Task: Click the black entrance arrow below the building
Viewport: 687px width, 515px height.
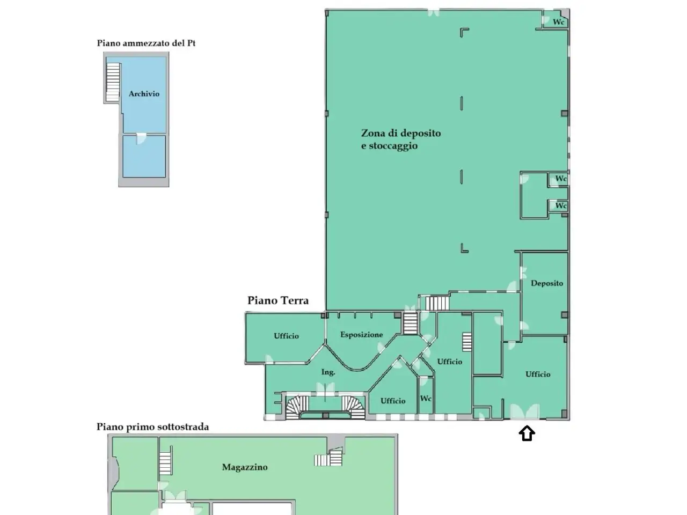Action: (527, 433)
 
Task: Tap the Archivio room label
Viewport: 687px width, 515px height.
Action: (144, 94)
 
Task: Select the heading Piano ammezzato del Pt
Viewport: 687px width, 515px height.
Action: (146, 43)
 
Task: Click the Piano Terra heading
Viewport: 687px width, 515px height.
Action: (278, 300)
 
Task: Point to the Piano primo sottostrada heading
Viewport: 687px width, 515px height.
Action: (153, 427)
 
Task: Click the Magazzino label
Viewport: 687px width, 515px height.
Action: (245, 467)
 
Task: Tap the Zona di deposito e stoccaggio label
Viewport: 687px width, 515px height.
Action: (401, 139)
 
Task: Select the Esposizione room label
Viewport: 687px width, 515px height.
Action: (362, 335)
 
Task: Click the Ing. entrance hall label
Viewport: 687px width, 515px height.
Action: (328, 372)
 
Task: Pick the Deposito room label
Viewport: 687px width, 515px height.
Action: (547, 283)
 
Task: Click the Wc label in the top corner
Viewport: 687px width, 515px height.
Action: (558, 22)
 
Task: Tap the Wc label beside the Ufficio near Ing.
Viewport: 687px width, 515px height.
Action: (426, 399)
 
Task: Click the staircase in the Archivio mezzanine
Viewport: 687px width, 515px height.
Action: (113, 82)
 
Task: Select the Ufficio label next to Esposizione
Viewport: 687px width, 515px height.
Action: (286, 336)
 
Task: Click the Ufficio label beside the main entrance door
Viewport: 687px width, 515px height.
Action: (538, 374)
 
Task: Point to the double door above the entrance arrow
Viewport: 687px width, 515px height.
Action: (525, 411)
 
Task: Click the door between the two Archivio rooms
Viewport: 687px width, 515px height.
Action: (141, 138)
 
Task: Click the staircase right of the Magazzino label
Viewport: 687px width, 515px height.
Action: (328, 458)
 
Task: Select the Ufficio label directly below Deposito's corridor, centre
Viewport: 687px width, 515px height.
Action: (449, 362)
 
